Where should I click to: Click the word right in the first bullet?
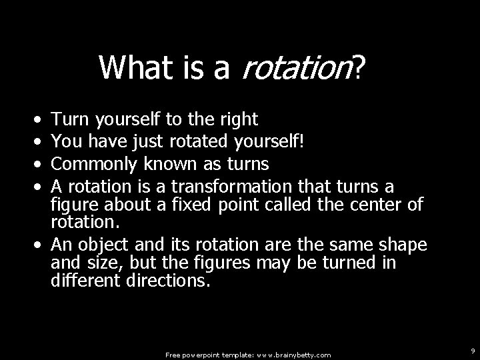pyautogui.click(x=238, y=119)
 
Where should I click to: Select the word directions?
pyautogui.click(x=167, y=281)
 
